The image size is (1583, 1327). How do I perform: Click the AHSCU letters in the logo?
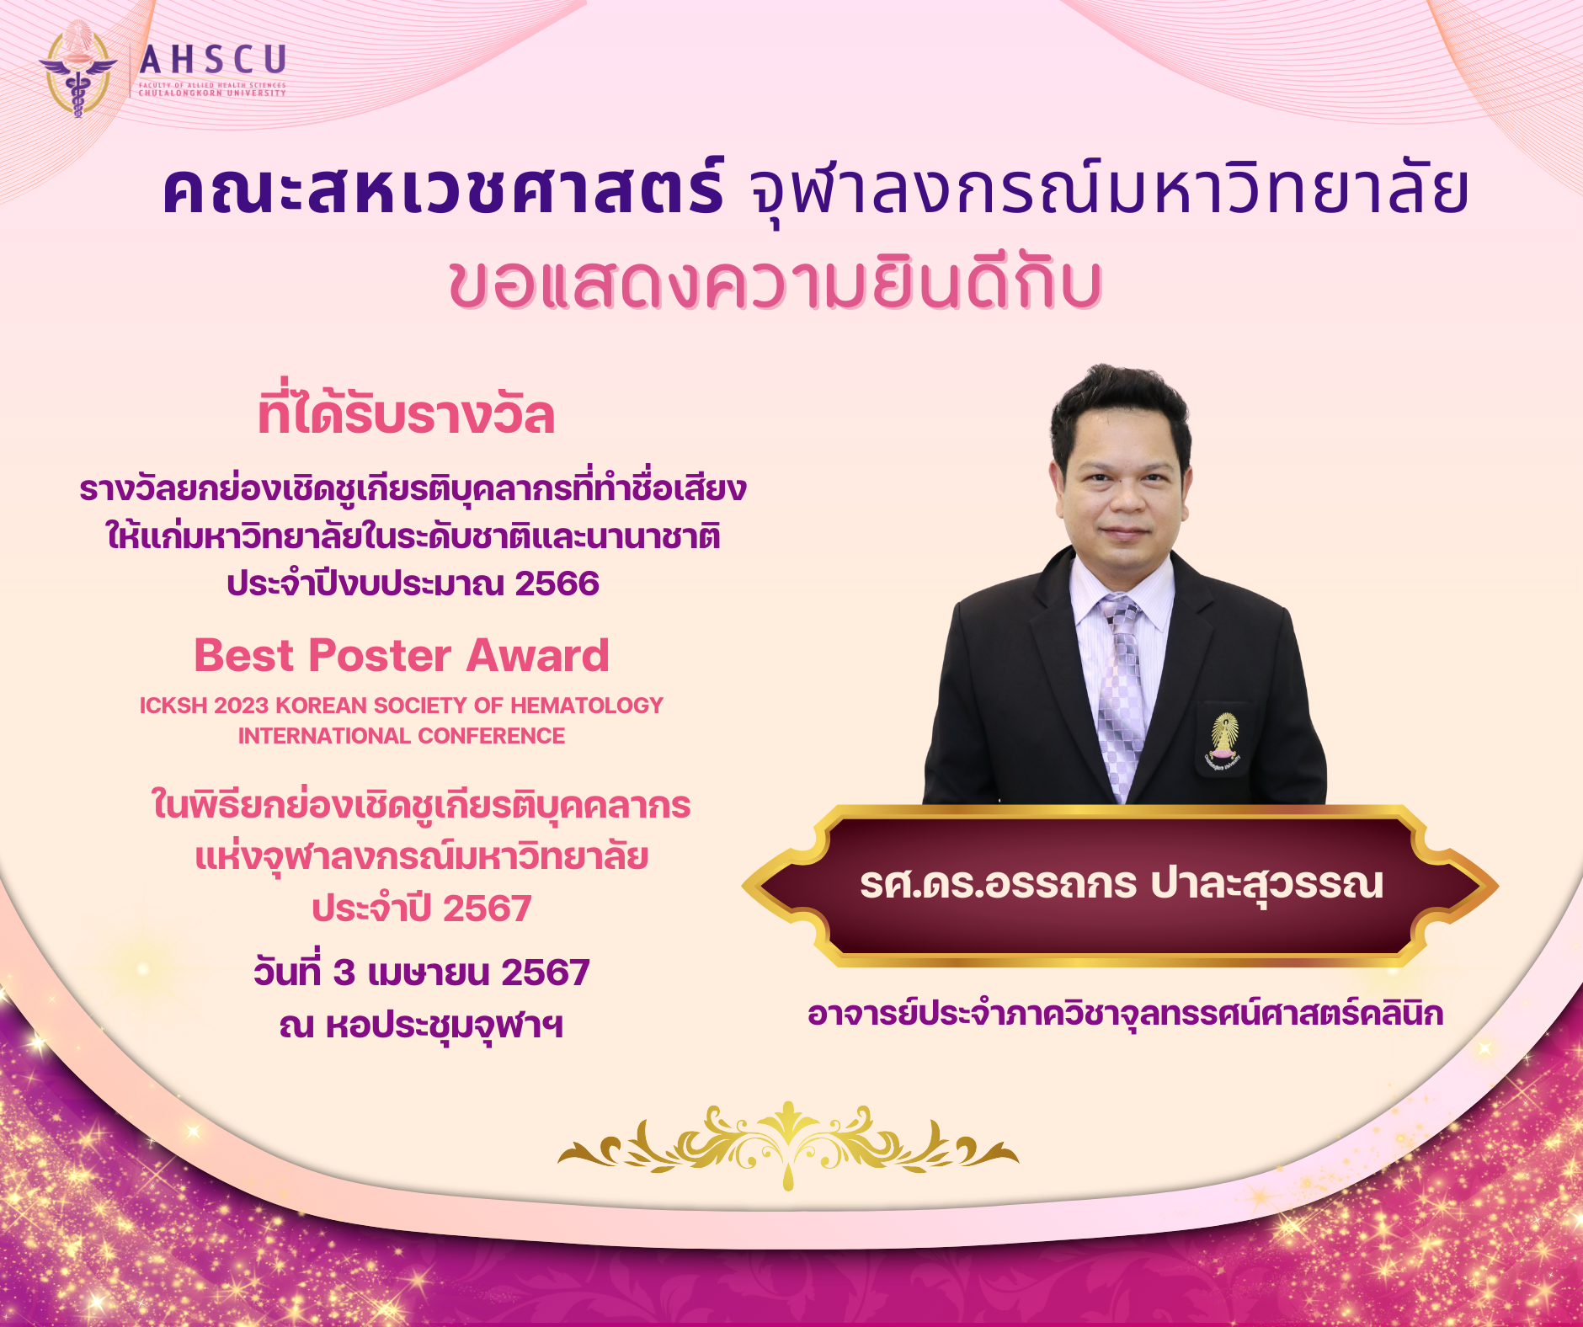point(214,61)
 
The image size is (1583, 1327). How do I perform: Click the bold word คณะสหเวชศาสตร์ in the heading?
point(443,190)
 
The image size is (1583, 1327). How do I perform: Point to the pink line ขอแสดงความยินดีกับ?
point(776,283)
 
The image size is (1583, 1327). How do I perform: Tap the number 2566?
point(557,584)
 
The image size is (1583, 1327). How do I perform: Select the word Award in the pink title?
point(537,656)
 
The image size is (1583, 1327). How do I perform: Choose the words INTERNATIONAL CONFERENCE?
point(402,736)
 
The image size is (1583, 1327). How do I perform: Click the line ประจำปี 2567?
point(422,909)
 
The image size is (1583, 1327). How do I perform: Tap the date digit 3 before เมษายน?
point(344,973)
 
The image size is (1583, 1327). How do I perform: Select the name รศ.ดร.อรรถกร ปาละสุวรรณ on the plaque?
point(1122,884)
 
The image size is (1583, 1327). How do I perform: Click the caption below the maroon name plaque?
point(1126,1013)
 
